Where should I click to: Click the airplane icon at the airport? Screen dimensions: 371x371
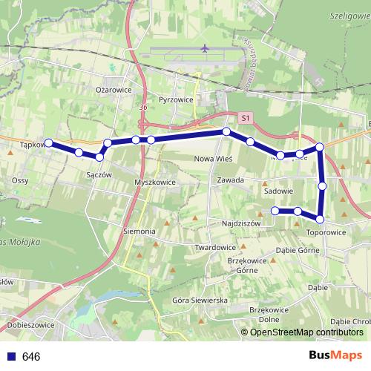click(x=205, y=49)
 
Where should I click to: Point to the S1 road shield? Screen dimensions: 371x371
click(x=246, y=118)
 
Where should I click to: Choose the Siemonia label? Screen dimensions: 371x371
click(x=139, y=232)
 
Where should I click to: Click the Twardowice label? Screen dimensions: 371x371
click(x=215, y=247)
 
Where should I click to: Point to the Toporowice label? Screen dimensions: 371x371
click(x=326, y=232)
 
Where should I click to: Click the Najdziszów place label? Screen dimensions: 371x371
click(x=241, y=223)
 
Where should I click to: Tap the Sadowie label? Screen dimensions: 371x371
click(x=278, y=191)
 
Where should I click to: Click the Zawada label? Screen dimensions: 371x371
click(x=231, y=180)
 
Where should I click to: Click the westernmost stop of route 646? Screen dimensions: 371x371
click(x=49, y=142)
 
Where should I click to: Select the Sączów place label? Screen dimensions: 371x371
click(x=99, y=174)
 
